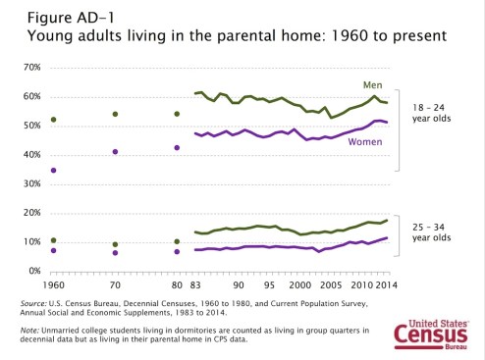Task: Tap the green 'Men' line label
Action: coord(373,84)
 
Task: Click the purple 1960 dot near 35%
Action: coord(52,170)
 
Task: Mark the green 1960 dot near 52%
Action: coord(52,120)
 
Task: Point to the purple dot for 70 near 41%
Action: coord(115,152)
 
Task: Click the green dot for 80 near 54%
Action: coord(177,114)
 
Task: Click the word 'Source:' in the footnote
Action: coord(35,305)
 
